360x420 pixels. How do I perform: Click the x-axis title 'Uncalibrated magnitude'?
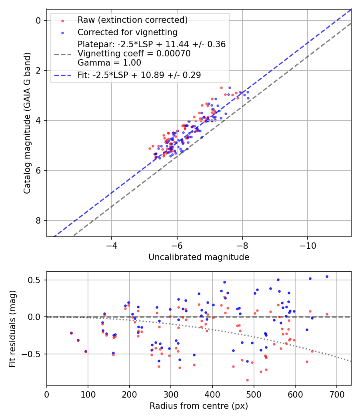pos(199,257)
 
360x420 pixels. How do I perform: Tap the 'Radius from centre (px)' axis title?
pos(199,406)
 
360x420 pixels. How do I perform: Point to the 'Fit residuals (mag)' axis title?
pos(12,328)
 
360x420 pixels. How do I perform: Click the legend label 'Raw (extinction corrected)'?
pos(132,20)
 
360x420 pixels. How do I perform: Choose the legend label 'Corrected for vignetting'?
pos(128,32)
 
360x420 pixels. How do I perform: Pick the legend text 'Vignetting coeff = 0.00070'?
pos(134,54)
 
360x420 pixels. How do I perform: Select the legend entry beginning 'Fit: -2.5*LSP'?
pos(139,75)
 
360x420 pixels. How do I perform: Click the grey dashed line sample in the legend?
pos(62,54)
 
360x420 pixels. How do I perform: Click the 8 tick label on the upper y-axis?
pos(39,221)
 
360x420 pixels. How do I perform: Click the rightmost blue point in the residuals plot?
pos(327,276)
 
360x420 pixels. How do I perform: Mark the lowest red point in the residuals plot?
pos(247,380)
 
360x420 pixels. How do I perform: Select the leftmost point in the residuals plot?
pos(71,333)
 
